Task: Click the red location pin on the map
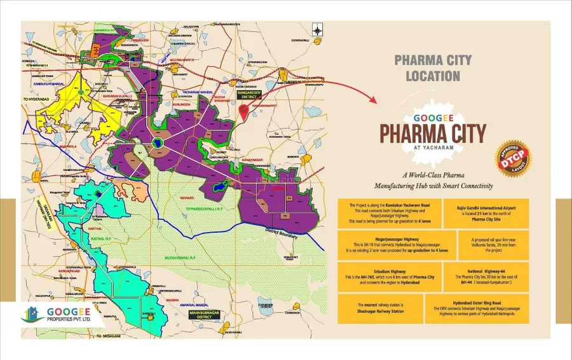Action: (x=242, y=109)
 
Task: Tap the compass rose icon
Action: (x=317, y=29)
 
